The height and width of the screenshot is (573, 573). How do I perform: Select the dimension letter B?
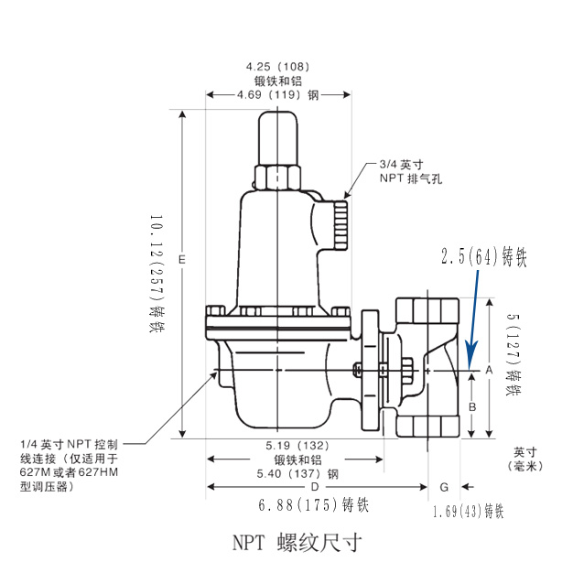point(472,405)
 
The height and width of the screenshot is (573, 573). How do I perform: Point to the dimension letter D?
point(303,487)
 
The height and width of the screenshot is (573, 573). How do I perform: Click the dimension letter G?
point(444,487)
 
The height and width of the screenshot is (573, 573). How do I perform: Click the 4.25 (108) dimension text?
point(278,67)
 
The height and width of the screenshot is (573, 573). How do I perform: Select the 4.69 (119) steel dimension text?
point(277,94)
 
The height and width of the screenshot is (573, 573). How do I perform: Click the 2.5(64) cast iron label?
point(484,257)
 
